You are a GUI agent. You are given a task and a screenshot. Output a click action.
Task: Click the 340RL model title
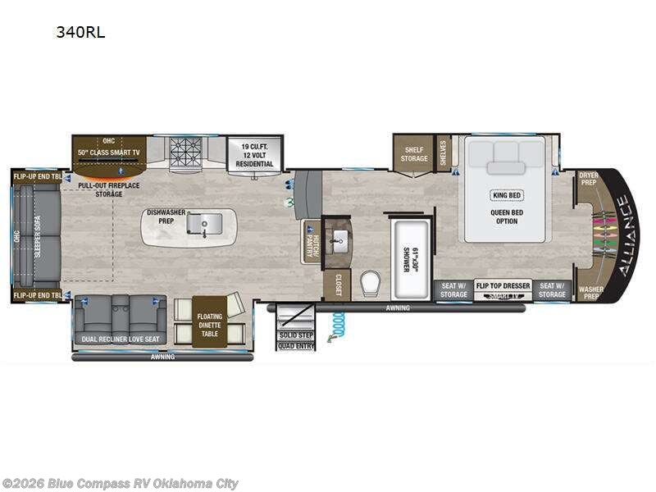click(80, 33)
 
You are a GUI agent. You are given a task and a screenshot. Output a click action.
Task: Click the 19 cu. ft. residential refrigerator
click(250, 154)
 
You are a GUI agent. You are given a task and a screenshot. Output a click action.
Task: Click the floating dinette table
click(209, 320)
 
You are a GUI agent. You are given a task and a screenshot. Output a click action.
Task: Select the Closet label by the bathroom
click(337, 284)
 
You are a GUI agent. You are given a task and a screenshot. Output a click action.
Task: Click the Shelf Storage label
click(413, 153)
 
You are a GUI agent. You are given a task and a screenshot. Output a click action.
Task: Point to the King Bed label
click(506, 195)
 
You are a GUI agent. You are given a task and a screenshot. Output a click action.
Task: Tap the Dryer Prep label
click(588, 179)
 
